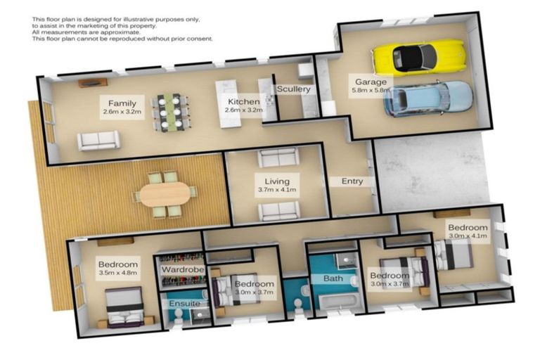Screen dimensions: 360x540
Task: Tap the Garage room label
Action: pos(370,82)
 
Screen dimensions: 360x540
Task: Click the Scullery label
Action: pos(293,89)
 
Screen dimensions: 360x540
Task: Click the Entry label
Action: pos(352,181)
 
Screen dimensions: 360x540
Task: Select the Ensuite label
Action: pos(184,304)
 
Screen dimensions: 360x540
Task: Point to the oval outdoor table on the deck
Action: pos(165,193)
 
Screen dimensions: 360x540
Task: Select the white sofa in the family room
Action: pos(98,141)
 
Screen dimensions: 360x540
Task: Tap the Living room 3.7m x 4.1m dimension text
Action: pos(276,189)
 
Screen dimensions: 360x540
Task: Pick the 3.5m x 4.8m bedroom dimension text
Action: pos(117,273)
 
